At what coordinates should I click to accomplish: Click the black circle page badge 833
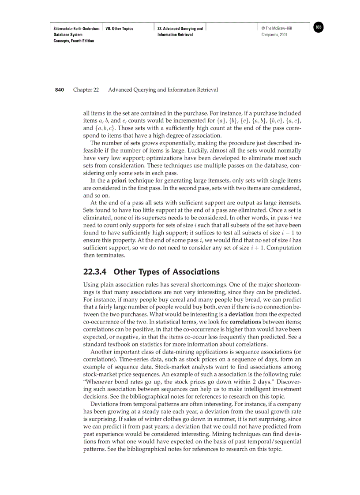click(319, 27)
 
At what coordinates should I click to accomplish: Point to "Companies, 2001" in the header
click(274, 35)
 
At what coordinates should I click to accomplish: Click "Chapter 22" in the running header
click(86, 90)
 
